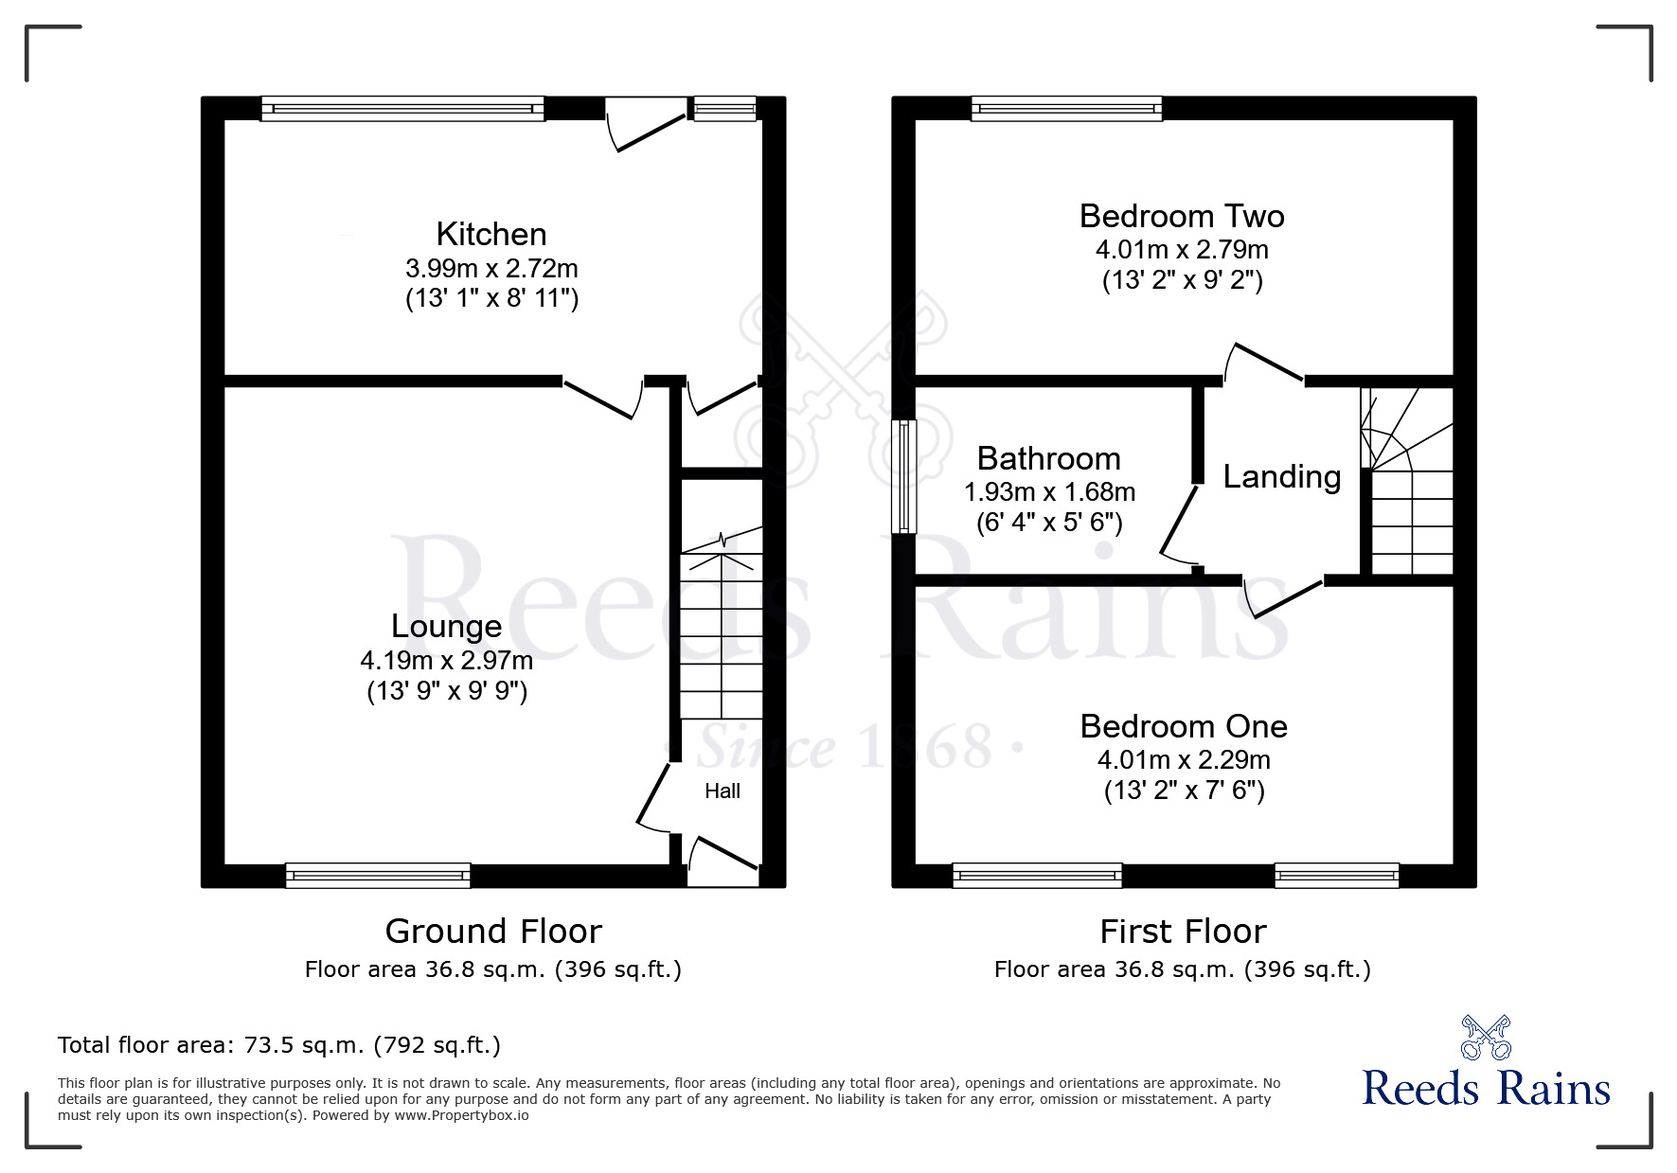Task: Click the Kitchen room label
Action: click(491, 234)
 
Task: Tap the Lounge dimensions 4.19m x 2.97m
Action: click(446, 660)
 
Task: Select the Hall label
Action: click(722, 791)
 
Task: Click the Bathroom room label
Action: click(1048, 458)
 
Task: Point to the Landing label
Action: click(1281, 476)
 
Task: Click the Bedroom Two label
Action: click(1181, 216)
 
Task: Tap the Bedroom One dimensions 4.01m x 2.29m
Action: click(1183, 759)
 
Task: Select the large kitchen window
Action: click(402, 109)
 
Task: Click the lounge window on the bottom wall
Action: click(378, 876)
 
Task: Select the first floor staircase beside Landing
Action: click(1408, 483)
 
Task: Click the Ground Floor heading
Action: click(492, 932)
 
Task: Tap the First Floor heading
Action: click(1182, 932)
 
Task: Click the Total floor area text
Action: click(278, 1045)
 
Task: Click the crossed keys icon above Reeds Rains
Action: click(1485, 1038)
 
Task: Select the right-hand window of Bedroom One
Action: click(1336, 876)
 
